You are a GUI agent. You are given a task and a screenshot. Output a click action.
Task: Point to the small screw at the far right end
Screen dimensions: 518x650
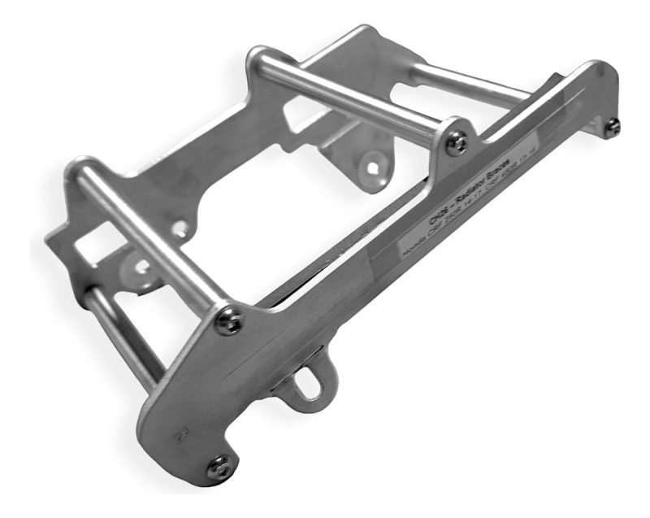613,125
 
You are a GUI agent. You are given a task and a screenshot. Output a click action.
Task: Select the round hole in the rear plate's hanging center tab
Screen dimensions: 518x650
373,168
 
